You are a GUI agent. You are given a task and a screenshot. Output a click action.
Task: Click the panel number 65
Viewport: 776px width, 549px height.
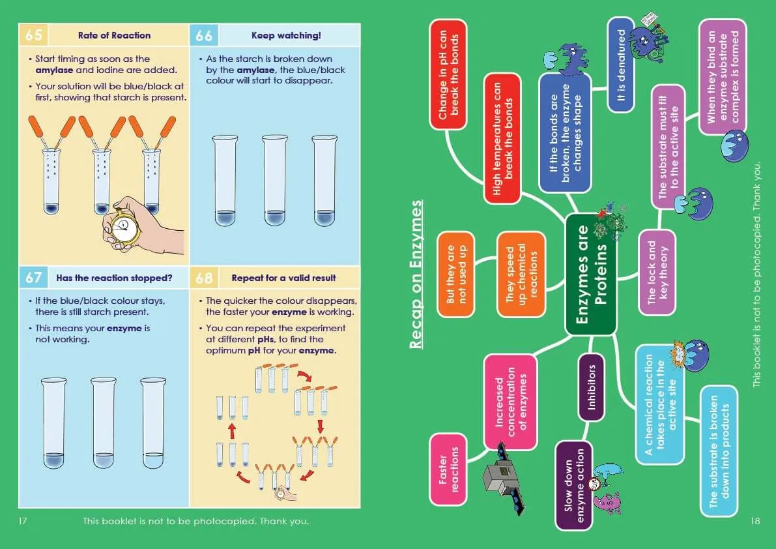[x=33, y=35]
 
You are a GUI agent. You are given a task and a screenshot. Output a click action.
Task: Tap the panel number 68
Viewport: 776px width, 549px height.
[x=204, y=278]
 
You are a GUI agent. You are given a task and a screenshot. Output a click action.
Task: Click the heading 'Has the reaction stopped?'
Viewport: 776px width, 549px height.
[x=114, y=278]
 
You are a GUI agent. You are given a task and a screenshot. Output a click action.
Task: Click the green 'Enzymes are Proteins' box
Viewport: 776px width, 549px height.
[x=590, y=274]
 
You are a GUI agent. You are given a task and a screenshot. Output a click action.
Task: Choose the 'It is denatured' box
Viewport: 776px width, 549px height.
[x=621, y=65]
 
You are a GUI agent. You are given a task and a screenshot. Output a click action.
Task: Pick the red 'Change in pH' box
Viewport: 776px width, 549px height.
[x=449, y=73]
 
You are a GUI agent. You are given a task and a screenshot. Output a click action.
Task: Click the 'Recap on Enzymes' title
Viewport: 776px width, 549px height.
[x=417, y=274]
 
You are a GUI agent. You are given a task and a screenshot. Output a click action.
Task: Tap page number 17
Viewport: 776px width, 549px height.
[x=24, y=521]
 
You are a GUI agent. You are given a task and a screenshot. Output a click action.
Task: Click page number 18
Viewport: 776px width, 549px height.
[x=755, y=521]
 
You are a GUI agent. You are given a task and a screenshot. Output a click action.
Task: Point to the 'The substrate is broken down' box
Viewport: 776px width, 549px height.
[x=719, y=451]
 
